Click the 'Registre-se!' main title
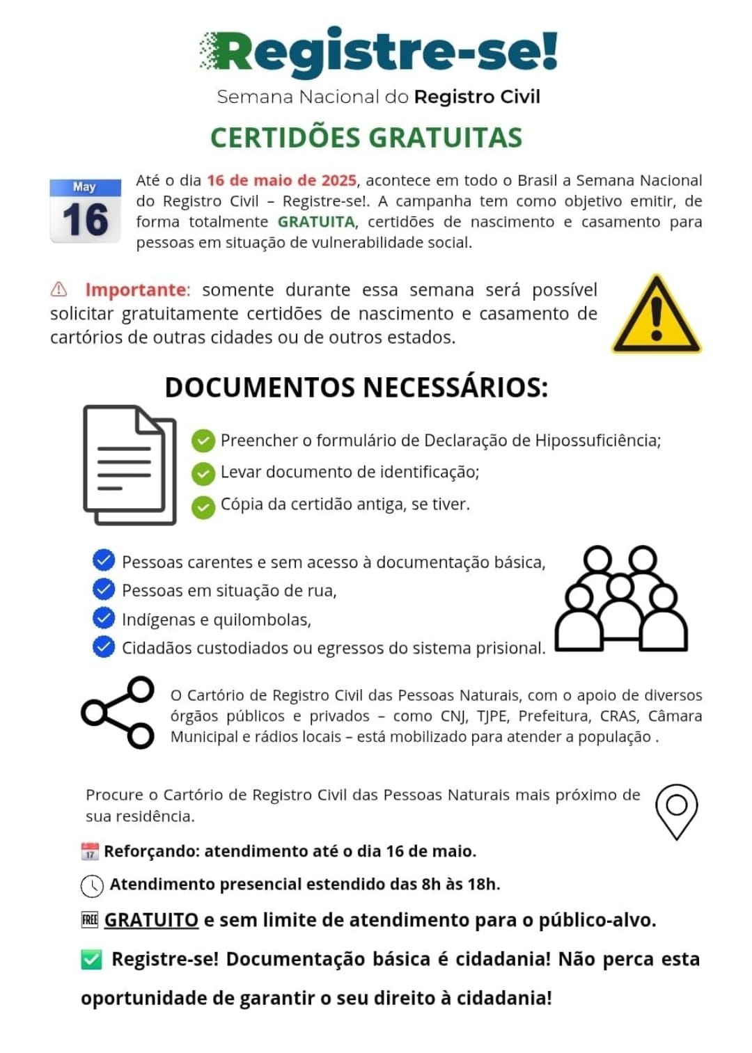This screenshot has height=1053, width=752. [x=379, y=52]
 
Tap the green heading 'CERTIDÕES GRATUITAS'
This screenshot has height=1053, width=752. [x=366, y=138]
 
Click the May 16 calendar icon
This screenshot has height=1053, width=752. [x=85, y=211]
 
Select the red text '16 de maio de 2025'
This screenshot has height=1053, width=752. [x=281, y=180]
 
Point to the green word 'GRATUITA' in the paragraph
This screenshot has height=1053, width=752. [x=316, y=222]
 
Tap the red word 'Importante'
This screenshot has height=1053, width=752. [x=136, y=290]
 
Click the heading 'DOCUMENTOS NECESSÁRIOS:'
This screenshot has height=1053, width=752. [x=356, y=388]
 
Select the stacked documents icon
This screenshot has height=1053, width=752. [x=130, y=464]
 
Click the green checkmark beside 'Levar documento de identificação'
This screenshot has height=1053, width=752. [x=203, y=473]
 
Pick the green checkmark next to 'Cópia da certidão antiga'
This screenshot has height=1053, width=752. [x=203, y=506]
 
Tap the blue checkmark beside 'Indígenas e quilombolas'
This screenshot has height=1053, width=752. [x=104, y=619]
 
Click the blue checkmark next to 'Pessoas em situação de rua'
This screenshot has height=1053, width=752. [x=104, y=589]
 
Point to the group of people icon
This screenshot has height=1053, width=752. [x=620, y=599]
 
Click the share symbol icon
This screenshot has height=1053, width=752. [x=118, y=712]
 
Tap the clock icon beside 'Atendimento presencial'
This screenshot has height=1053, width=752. [x=92, y=885]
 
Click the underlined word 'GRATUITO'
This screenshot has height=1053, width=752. [x=151, y=920]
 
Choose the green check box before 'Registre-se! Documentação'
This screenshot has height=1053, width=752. [x=92, y=959]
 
